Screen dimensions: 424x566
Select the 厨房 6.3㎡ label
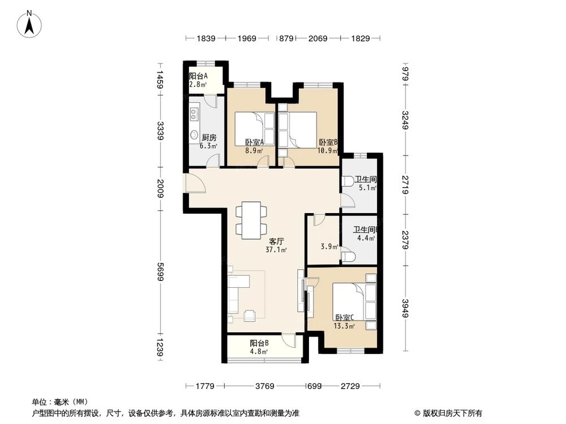(x=208, y=141)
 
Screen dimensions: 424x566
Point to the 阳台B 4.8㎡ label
(x=259, y=347)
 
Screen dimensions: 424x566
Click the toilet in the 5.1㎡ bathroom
(x=348, y=182)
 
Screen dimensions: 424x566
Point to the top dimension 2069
(x=318, y=38)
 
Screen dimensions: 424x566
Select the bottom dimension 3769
(x=264, y=386)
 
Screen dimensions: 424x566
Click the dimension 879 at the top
(x=286, y=38)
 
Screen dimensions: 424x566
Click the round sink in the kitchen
(x=194, y=135)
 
